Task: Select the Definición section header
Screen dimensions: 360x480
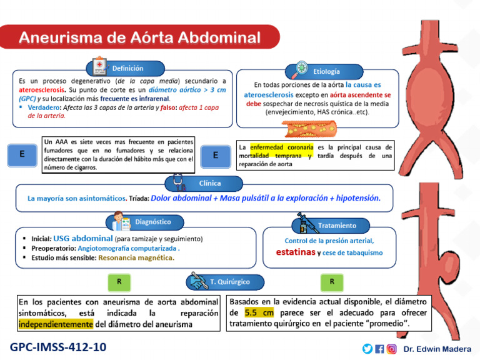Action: click(127, 68)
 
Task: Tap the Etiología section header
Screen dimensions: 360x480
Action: click(326, 71)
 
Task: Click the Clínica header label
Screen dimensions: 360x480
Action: click(210, 183)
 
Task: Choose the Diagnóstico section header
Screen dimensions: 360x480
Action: click(152, 221)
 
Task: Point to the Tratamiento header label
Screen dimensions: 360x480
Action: click(337, 225)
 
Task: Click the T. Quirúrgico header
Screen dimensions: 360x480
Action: click(229, 282)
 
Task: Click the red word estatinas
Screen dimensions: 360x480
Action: click(296, 252)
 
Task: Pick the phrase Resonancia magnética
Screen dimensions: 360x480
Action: click(136, 257)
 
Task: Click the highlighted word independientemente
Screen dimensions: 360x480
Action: click(55, 324)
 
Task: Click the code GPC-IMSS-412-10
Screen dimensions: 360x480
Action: click(58, 347)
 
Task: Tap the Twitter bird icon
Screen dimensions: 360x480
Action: click(367, 349)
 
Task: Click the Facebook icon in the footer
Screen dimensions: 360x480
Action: click(379, 349)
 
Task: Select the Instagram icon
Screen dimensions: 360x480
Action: click(391, 349)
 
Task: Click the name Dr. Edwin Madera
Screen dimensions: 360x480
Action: click(436, 349)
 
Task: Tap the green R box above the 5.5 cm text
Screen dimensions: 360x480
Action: click(332, 282)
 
